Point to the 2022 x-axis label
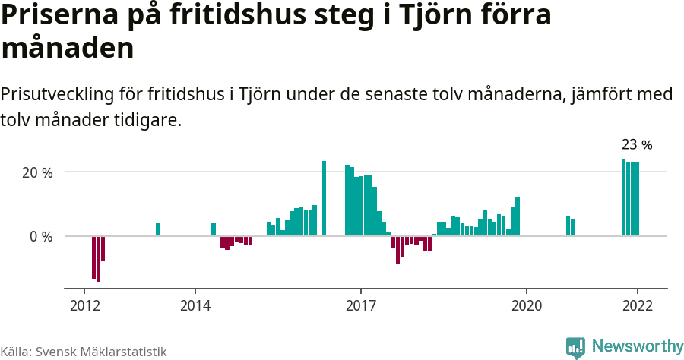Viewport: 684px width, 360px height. [x=637, y=305]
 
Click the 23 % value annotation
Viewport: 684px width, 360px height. [x=637, y=144]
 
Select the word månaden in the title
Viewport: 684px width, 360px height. [x=68, y=49]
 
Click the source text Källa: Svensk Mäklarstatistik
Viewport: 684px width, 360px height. [x=84, y=352]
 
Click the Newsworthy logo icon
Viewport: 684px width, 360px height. [x=575, y=347]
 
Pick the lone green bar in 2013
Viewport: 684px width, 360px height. [x=158, y=229]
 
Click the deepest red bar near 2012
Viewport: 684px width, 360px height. [x=98, y=258]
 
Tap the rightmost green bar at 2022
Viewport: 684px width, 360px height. [x=637, y=199]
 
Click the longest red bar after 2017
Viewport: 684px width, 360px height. [x=397, y=249]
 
